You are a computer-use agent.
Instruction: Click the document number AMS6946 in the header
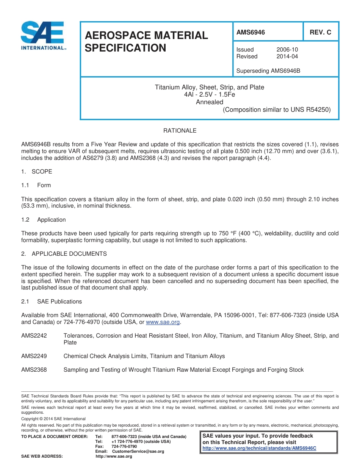click(250, 33)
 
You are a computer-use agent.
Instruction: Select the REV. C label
click(320, 33)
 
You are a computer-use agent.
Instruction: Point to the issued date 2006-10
click(287, 50)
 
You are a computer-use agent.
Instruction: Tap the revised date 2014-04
click(287, 56)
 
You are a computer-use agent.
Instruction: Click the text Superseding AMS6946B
click(268, 71)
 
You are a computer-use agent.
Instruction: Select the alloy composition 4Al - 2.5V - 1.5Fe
click(209, 95)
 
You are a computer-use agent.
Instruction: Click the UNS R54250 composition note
click(277, 110)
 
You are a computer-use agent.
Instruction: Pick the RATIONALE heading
click(180, 131)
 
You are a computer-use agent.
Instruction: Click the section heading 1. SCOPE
click(37, 172)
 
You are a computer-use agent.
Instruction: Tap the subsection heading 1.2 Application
click(44, 220)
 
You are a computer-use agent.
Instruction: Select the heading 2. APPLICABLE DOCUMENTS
click(64, 254)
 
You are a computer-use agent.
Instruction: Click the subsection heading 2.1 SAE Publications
click(52, 302)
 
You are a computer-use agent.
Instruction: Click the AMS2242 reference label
click(34, 336)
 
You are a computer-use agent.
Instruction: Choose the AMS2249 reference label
click(34, 356)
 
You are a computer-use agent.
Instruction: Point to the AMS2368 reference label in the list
click(34, 370)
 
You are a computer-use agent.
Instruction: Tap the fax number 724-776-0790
click(124, 446)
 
